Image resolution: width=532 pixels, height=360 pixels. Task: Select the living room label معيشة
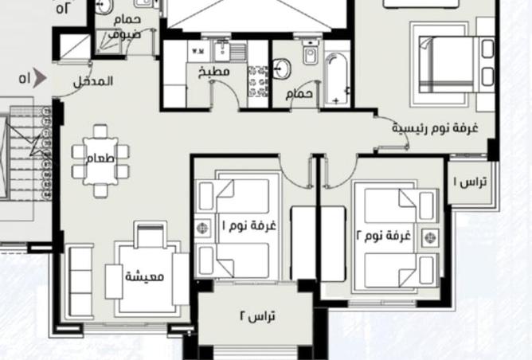pyautogui.click(x=144, y=277)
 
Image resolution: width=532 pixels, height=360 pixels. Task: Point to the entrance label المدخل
pyautogui.click(x=94, y=81)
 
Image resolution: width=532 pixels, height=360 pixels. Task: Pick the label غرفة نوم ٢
pyautogui.click(x=385, y=236)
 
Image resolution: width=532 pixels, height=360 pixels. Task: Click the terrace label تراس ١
pyautogui.click(x=471, y=182)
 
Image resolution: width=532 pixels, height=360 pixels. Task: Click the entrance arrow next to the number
pyautogui.click(x=43, y=78)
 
